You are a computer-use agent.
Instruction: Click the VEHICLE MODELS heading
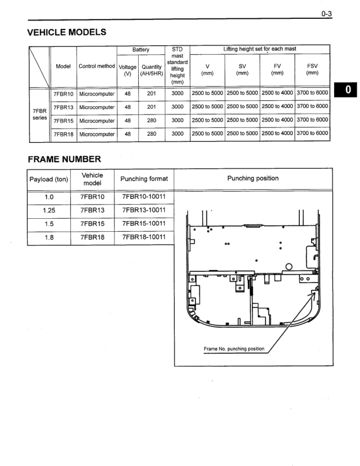67,32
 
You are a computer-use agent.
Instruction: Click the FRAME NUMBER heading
64,159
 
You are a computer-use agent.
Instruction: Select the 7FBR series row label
40,114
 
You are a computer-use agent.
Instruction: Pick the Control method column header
97,66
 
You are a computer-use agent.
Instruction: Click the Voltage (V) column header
127,70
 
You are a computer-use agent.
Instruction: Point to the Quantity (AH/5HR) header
152,70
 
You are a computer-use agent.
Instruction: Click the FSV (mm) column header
312,70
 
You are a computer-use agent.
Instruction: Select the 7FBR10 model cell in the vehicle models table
63,93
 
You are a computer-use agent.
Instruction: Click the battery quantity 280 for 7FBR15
152,120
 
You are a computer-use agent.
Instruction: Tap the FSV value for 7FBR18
312,133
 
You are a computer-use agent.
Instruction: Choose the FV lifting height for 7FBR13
277,107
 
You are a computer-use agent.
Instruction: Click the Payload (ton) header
49,179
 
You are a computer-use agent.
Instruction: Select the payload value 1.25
49,211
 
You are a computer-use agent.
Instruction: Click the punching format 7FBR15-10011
144,224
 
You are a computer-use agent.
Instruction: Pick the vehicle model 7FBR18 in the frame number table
92,238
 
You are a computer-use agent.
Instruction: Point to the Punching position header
253,178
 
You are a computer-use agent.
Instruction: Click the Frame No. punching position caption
234,349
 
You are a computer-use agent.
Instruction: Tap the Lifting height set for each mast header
260,50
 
